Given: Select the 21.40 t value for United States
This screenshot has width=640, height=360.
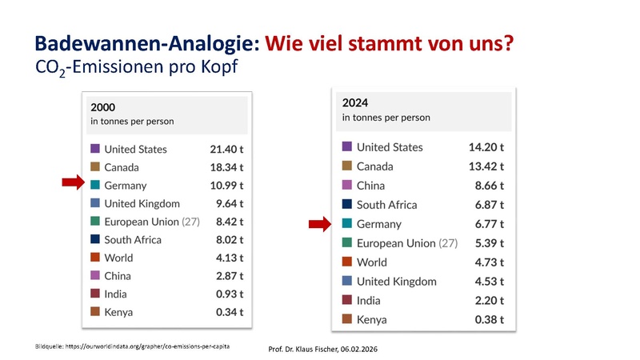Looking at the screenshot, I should tap(224, 150).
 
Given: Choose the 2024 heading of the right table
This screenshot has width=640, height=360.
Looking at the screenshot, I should tap(354, 102).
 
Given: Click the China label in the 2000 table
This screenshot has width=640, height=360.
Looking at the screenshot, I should tap(119, 276).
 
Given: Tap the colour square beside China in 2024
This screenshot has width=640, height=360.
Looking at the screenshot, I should tap(347, 186).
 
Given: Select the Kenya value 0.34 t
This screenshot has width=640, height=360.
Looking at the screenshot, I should tap(229, 312).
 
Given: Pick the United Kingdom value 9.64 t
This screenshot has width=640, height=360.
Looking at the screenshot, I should tap(229, 204).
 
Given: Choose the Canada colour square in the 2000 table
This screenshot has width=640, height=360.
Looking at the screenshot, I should tap(95, 167).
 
